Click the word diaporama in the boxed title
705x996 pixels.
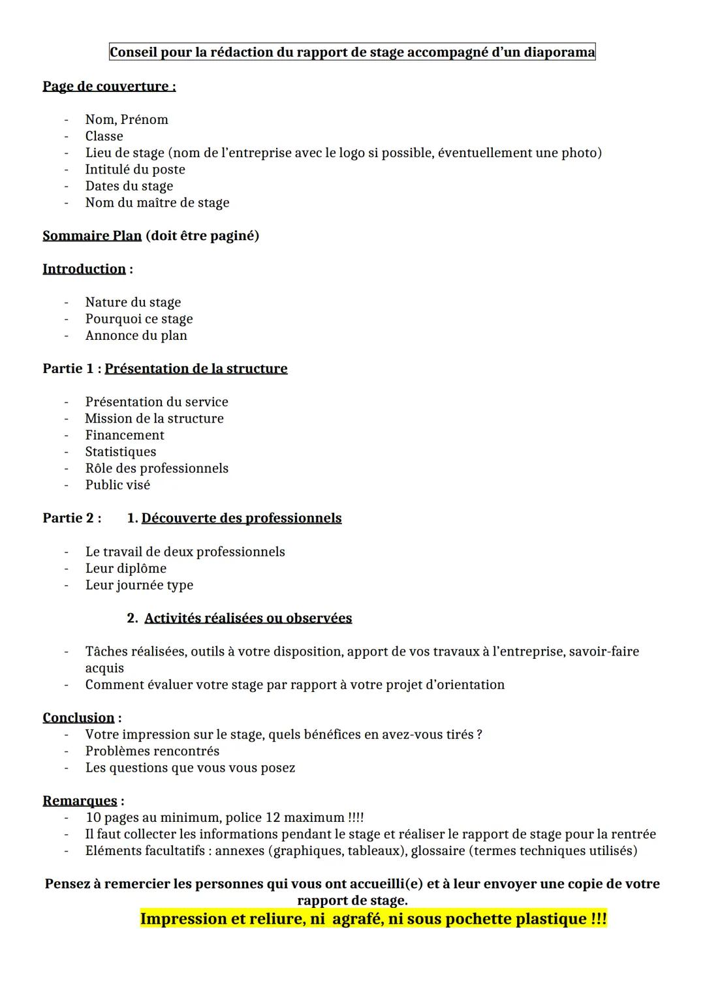pos(559,52)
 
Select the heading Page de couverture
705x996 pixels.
pos(108,86)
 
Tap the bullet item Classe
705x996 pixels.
pos(104,136)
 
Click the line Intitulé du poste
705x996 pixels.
pos(135,170)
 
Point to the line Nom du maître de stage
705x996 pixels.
pos(157,203)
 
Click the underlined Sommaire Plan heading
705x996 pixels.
pos(92,235)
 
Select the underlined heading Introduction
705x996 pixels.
pos(84,269)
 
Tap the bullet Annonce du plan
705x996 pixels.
pos(136,336)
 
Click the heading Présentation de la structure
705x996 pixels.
pos(196,369)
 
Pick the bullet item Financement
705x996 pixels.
pos(125,435)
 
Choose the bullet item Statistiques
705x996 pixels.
pos(121,452)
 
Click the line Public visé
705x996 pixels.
pos(117,485)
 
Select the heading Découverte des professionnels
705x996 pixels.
pos(242,518)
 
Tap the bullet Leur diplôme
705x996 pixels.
pos(126,569)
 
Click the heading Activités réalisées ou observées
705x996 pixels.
pos(248,618)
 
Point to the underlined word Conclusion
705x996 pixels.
pos(78,718)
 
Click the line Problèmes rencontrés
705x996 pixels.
pos(152,751)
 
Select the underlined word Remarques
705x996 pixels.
pos(80,801)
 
